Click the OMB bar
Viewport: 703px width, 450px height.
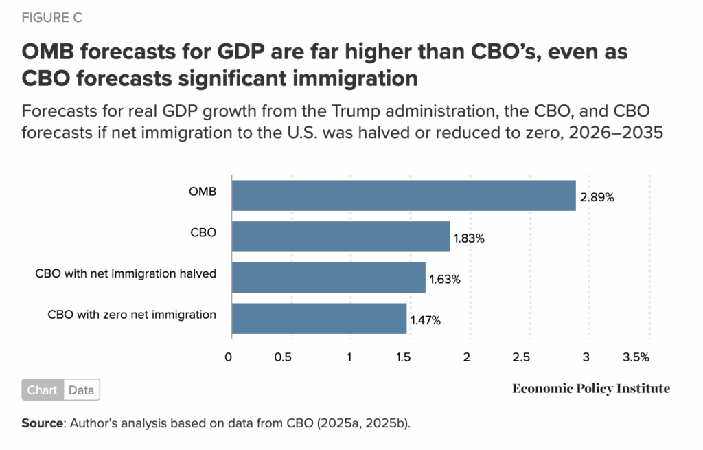click(403, 195)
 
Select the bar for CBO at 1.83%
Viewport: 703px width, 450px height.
click(341, 236)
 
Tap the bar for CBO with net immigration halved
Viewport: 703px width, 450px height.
click(328, 278)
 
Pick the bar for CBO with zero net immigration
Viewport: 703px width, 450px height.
click(319, 319)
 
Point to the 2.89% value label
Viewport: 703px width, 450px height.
click(596, 198)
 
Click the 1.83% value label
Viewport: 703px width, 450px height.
click(469, 238)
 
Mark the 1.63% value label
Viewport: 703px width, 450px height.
click(445, 280)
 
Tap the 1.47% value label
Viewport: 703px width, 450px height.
click(426, 321)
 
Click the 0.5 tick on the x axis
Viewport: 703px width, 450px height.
click(283, 358)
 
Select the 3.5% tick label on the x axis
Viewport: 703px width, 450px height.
click(635, 358)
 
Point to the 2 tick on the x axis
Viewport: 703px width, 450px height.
click(467, 358)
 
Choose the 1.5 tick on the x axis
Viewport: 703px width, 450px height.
click(403, 358)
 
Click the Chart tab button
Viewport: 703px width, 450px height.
click(43, 390)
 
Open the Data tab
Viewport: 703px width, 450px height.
click(81, 390)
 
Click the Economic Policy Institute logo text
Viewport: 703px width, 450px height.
click(590, 389)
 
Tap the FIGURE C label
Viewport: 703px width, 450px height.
click(52, 19)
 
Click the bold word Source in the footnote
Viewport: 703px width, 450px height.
click(42, 423)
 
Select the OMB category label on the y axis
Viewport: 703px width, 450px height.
click(203, 192)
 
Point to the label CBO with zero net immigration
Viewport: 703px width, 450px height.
click(132, 315)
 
